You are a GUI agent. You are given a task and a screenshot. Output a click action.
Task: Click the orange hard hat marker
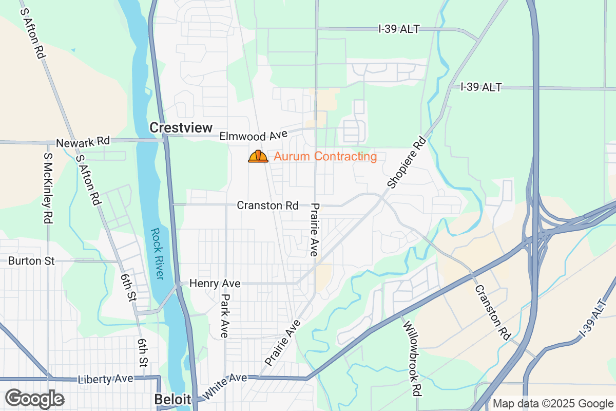258,157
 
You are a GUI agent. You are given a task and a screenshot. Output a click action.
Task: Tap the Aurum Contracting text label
325,157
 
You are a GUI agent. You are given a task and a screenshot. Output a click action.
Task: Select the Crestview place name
181,128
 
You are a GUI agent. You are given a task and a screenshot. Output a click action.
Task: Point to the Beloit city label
172,400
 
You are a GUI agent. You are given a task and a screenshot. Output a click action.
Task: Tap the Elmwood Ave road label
253,136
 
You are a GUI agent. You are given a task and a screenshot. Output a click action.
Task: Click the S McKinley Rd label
48,188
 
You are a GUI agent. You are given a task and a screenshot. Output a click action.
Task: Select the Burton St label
31,261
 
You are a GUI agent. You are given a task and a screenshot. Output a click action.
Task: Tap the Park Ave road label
224,315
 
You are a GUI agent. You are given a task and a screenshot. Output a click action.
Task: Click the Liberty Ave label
105,379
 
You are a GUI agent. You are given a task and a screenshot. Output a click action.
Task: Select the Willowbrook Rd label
413,359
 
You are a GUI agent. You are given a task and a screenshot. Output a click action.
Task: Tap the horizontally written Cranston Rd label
267,206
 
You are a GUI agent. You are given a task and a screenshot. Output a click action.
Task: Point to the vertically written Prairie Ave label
315,230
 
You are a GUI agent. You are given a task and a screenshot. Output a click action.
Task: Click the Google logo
34,399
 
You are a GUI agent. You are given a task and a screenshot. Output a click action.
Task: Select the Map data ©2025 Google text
553,403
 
